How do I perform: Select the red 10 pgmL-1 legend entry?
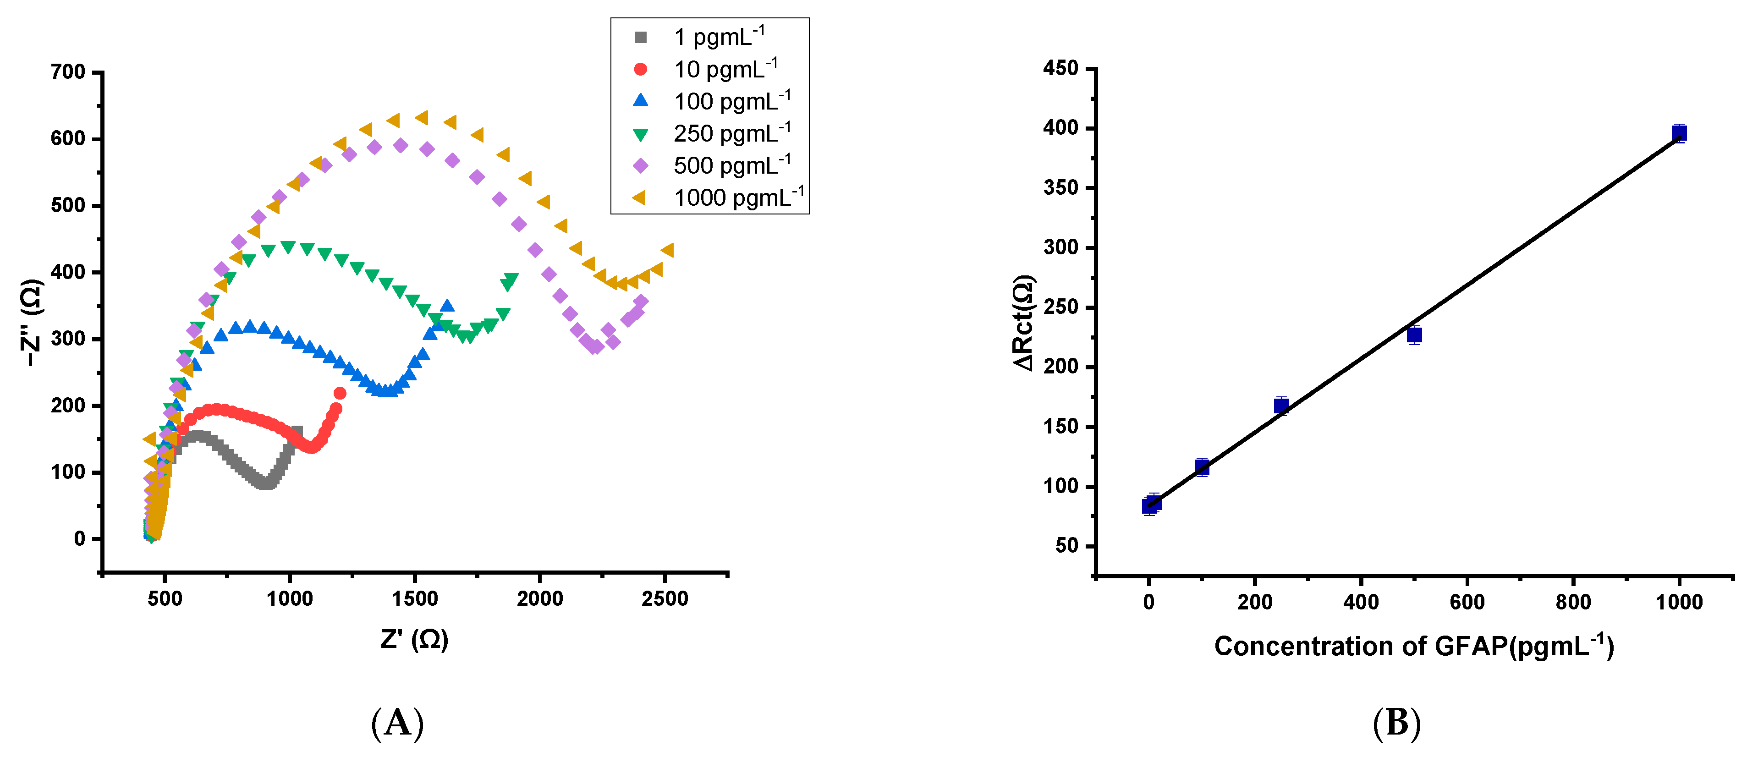(724, 69)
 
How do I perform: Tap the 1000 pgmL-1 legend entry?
(737, 197)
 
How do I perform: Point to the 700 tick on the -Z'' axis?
(68, 72)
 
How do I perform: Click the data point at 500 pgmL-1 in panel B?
(1414, 335)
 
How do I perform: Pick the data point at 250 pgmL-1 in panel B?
(1281, 406)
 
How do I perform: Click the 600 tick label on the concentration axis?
(1467, 602)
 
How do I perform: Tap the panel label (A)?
(397, 723)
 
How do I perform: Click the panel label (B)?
(1396, 723)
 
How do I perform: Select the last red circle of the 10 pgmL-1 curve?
(340, 394)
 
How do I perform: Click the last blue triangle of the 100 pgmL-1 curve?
(447, 306)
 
